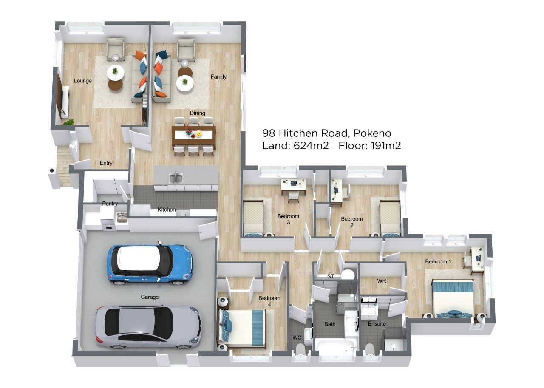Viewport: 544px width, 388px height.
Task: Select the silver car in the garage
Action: (148, 327)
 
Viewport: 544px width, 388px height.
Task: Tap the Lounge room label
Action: (83, 81)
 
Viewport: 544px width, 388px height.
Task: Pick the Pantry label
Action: (110, 203)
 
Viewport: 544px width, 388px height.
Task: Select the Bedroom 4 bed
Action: (242, 328)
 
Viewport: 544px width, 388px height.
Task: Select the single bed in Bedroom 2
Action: (390, 218)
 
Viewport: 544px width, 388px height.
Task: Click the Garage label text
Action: (150, 297)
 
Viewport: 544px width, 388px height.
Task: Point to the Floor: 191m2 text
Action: (369, 146)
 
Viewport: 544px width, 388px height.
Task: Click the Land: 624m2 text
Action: (295, 146)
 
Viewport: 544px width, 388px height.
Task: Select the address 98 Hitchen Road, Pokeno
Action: (327, 133)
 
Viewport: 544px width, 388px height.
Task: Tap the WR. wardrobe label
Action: (382, 281)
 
